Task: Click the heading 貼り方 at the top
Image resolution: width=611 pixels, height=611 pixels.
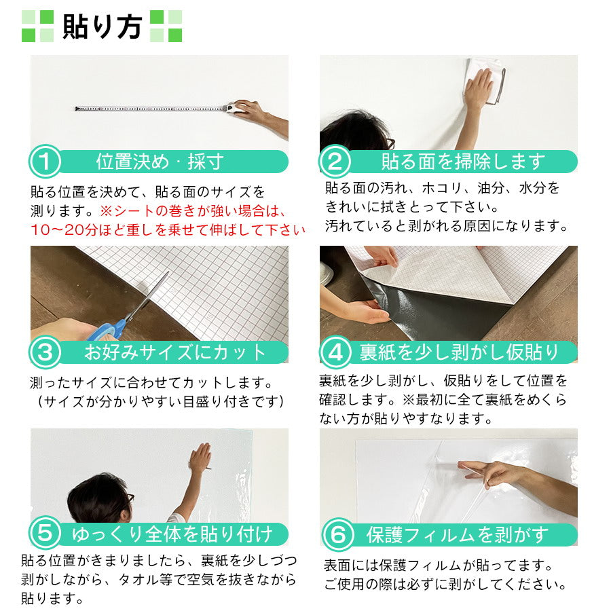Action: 102,26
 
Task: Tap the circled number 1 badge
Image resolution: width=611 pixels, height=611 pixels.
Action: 45,162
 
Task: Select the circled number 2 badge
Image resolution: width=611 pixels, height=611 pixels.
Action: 335,162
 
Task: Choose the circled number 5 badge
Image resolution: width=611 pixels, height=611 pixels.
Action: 45,534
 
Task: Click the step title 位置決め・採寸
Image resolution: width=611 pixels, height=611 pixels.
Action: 160,162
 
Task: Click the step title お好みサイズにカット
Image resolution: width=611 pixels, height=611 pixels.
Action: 175,352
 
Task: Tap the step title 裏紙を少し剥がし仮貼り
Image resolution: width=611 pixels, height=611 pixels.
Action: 459,352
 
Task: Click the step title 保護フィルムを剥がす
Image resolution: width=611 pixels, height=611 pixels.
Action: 457,535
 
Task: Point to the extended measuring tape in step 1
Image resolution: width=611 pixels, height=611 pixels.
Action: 149,108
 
